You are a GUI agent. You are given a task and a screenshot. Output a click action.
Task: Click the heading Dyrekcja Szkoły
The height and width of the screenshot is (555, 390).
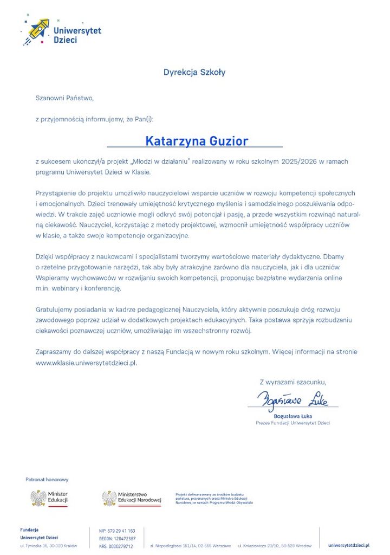tap(194, 72)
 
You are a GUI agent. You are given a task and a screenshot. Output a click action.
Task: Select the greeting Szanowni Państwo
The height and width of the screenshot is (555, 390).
tap(64, 98)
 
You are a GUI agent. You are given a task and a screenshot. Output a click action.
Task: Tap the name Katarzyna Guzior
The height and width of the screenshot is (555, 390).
tap(196, 141)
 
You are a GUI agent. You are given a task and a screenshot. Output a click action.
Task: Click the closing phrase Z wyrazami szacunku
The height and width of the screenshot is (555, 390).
tap(293, 382)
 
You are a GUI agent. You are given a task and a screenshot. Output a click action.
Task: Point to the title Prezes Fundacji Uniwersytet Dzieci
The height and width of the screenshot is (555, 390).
tap(292, 423)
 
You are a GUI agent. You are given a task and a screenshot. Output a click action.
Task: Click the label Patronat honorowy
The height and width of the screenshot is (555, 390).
tap(47, 480)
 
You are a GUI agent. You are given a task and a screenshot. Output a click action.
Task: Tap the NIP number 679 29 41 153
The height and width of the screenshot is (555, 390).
tap(118, 531)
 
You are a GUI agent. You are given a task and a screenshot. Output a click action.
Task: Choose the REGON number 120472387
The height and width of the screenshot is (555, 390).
tap(118, 538)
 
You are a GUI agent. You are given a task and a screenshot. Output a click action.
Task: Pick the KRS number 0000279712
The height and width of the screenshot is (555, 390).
tap(116, 546)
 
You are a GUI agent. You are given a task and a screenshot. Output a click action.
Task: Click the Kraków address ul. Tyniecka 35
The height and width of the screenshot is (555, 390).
tap(48, 545)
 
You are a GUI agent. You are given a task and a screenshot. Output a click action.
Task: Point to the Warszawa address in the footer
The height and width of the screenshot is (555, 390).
tap(190, 546)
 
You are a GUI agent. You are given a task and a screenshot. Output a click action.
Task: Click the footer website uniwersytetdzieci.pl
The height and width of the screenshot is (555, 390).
tap(348, 545)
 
